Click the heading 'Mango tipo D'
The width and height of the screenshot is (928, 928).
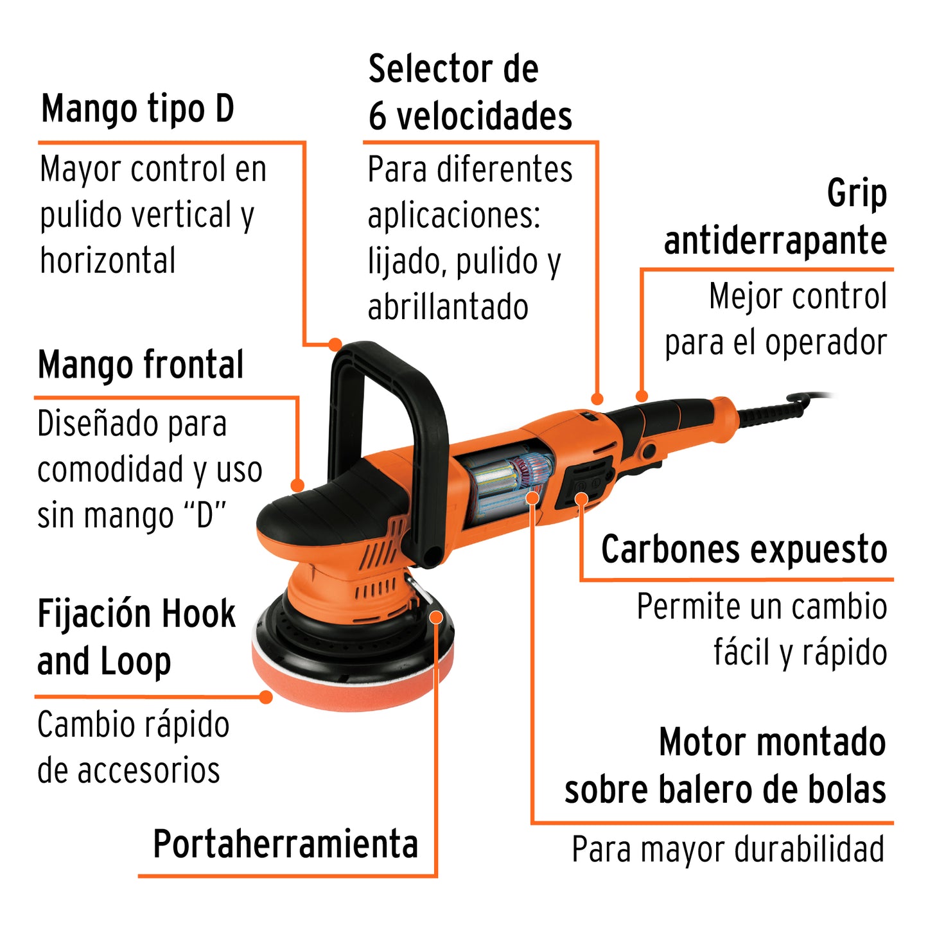click(137, 109)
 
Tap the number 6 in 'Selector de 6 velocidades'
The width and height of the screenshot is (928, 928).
click(378, 117)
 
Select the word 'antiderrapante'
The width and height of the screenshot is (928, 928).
click(775, 241)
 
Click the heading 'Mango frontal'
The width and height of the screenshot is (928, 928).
click(141, 365)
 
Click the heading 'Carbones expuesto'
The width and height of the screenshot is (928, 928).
click(744, 550)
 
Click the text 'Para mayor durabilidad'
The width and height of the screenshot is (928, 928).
click(728, 850)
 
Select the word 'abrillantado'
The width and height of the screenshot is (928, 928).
click(448, 307)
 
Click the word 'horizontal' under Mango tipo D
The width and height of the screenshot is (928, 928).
click(108, 261)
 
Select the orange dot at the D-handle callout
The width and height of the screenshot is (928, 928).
click(335, 345)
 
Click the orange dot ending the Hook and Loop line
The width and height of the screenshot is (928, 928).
click(266, 696)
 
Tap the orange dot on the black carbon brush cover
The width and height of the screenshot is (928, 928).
click(581, 498)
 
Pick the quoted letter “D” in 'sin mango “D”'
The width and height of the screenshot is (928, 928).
click(205, 516)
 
